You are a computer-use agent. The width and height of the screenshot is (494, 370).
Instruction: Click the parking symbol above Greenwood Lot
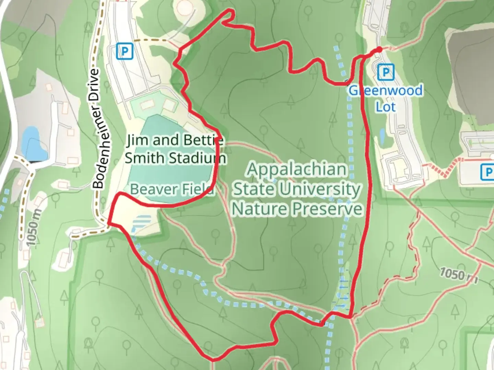point(386,73)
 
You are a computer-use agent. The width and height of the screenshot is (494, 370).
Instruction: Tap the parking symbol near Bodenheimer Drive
point(125,52)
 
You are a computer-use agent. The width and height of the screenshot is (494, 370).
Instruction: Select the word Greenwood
point(386,91)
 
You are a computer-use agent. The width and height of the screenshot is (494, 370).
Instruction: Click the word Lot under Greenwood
point(386,107)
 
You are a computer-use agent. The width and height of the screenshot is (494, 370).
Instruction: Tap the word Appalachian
point(297,169)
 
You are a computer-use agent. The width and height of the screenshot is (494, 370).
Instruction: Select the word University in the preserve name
point(319,189)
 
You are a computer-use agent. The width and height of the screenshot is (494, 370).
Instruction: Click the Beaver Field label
point(172,189)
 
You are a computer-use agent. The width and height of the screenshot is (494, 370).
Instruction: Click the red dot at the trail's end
point(379,50)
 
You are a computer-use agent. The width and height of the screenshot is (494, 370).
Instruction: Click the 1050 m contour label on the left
point(33,227)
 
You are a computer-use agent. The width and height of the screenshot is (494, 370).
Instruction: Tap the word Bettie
point(204,140)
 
